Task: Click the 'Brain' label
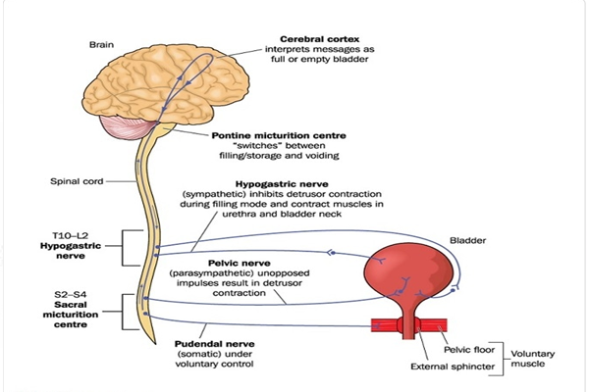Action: coord(102,44)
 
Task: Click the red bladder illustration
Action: coord(406,269)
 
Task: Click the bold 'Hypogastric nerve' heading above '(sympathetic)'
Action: coord(304,183)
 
